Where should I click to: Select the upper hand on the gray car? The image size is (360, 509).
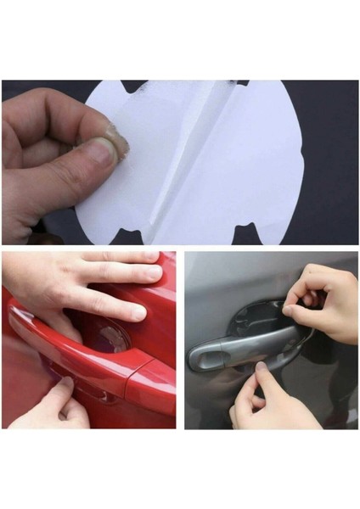coord(327,301)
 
